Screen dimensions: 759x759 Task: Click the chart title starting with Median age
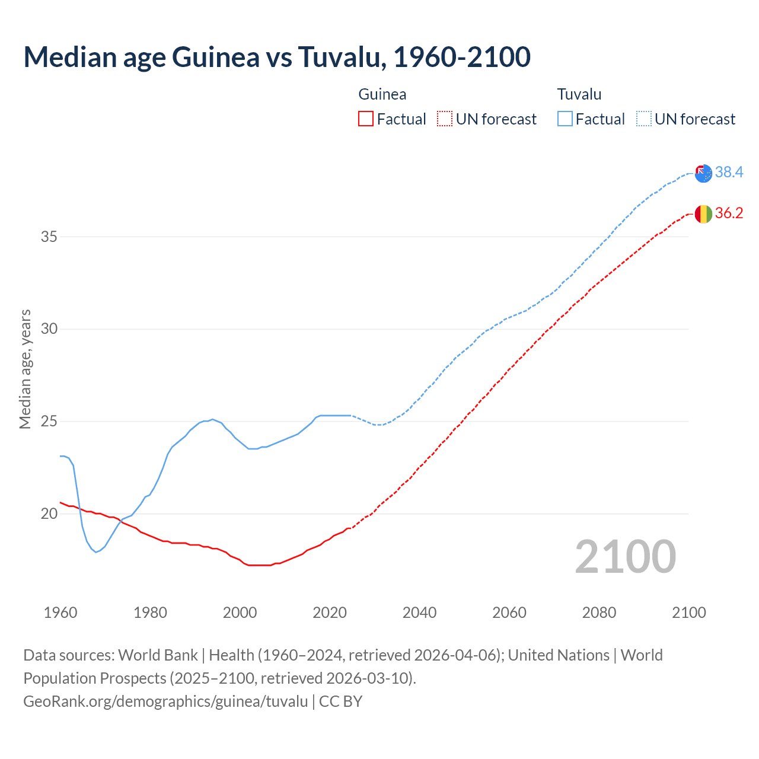pos(276,57)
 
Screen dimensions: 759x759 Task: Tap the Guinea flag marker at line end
pos(703,213)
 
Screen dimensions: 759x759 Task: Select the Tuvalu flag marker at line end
pos(703,173)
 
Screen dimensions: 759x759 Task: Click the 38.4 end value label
pos(729,172)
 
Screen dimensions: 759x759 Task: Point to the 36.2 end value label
pos(729,213)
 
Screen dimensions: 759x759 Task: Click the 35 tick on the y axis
pos(49,237)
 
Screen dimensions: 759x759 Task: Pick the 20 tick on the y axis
pos(49,514)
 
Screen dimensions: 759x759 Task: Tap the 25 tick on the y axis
pos(49,421)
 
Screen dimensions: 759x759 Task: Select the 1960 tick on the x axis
pos(60,613)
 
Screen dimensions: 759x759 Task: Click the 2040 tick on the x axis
pos(419,613)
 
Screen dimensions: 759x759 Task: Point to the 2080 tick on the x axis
pos(599,613)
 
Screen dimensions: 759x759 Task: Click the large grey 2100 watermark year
pos(625,556)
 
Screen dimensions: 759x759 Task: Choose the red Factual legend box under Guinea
pos(366,119)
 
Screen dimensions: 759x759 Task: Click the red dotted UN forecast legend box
pos(445,119)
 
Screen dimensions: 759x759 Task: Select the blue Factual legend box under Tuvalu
pos(565,119)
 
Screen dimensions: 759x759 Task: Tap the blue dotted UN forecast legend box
pos(643,119)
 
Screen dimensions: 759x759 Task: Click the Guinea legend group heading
pos(382,94)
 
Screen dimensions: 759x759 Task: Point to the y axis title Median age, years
pos(25,369)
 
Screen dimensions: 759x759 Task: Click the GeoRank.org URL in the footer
pos(165,701)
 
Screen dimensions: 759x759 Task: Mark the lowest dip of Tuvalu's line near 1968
pos(96,552)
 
